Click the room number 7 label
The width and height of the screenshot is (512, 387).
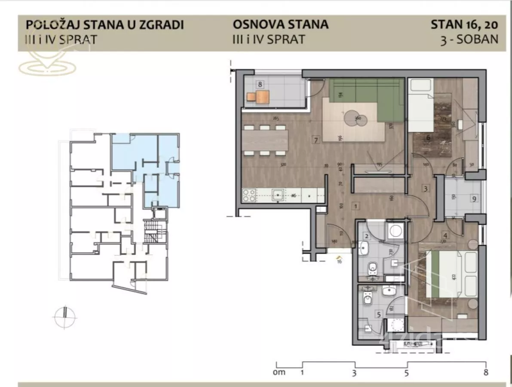(x=316, y=140)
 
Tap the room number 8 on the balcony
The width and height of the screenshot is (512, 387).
(x=260, y=84)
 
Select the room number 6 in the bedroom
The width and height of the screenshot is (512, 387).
(x=428, y=138)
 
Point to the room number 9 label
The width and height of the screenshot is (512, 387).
(x=474, y=199)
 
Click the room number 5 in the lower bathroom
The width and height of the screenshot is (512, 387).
(x=379, y=314)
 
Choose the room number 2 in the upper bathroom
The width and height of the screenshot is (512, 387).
(x=367, y=236)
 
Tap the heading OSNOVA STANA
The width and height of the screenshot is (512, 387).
(x=280, y=25)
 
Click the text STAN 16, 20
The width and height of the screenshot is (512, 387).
(x=464, y=25)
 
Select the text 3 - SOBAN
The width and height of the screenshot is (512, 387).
(x=469, y=39)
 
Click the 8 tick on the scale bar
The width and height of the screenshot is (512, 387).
(x=485, y=372)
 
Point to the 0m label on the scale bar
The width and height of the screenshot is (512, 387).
(x=279, y=372)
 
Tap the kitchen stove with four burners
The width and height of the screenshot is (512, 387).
(x=249, y=196)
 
